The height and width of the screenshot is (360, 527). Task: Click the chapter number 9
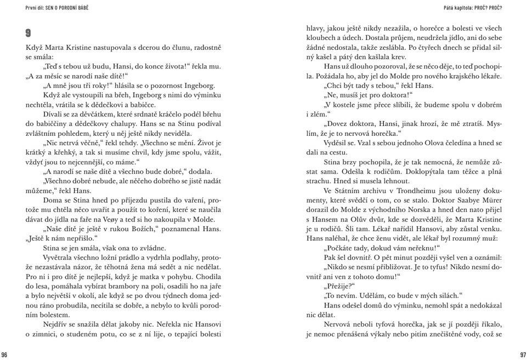(29, 32)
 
